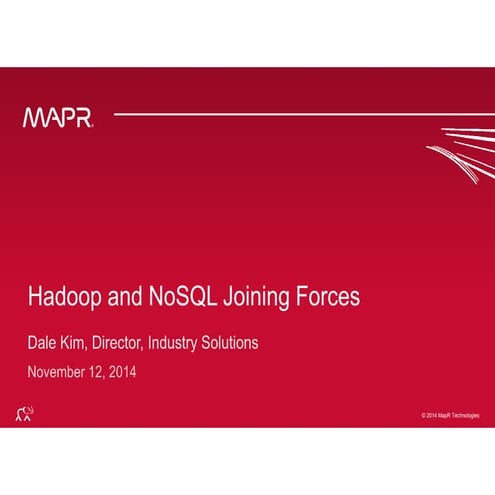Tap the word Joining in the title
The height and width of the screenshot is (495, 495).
pyautogui.click(x=252, y=299)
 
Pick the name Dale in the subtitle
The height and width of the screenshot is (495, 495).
pyautogui.click(x=42, y=343)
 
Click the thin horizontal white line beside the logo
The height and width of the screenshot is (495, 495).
pyautogui.click(x=280, y=115)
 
